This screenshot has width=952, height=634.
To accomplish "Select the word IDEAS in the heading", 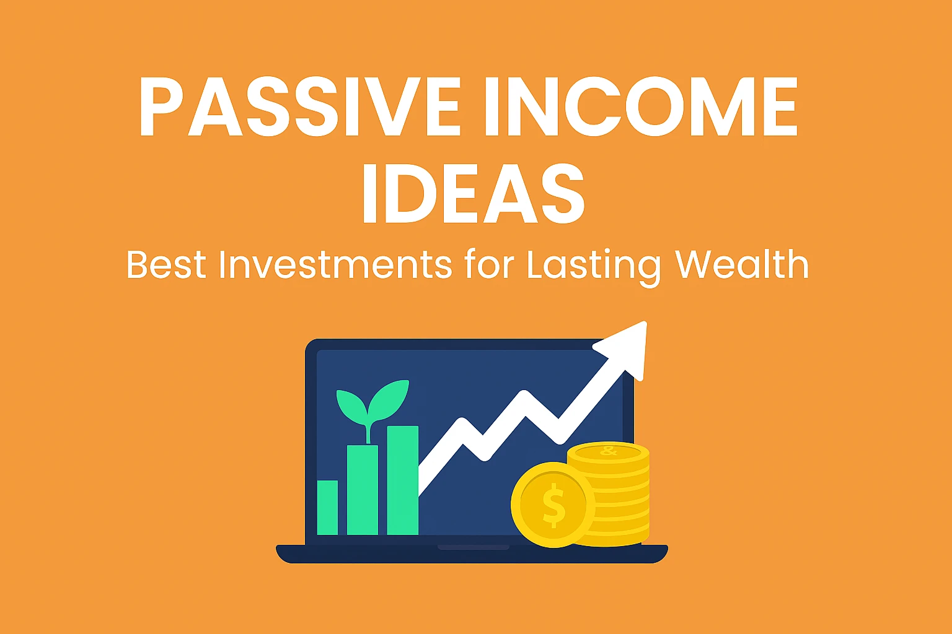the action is click(474, 194).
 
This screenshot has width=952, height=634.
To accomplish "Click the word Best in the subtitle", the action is click(166, 265).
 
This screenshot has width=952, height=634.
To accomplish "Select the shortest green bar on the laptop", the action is click(328, 508).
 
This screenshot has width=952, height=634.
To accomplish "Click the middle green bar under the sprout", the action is click(363, 490).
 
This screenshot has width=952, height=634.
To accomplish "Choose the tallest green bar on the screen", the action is click(403, 480).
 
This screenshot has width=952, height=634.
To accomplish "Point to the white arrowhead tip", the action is click(645, 323).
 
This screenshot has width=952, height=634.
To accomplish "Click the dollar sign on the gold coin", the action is click(553, 505).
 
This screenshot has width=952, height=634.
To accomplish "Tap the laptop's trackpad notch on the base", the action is click(474, 547).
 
